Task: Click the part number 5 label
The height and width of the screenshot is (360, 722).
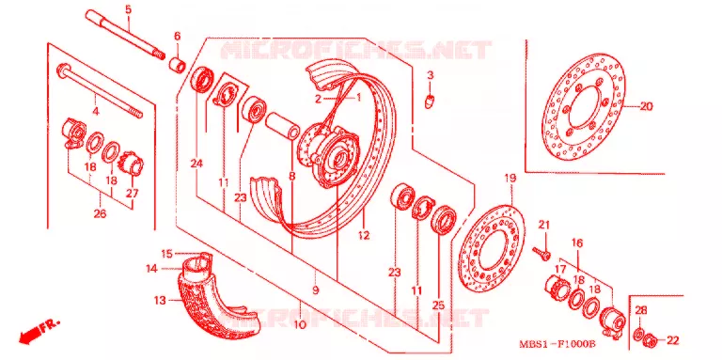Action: [128, 8]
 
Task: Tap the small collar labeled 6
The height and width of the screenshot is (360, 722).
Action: [179, 65]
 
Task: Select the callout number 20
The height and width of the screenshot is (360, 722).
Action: [646, 106]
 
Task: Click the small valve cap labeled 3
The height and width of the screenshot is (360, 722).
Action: [429, 101]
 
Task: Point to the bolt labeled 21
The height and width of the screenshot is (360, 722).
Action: [542, 253]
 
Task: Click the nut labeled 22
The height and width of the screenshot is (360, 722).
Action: [649, 341]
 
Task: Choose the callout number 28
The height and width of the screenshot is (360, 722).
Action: [641, 310]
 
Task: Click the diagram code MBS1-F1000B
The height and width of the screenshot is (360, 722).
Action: [557, 344]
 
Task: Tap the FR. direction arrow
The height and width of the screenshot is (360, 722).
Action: [39, 332]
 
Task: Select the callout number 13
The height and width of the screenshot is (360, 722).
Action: [159, 301]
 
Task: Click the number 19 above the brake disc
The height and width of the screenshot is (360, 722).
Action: [510, 178]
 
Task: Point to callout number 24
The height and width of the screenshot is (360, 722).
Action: [197, 164]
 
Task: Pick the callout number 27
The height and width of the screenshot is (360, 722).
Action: [133, 194]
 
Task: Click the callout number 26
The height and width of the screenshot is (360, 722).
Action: [100, 214]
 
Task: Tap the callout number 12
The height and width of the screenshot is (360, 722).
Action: [363, 235]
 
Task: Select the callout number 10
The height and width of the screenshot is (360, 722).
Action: [299, 325]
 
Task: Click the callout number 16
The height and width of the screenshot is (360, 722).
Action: [577, 243]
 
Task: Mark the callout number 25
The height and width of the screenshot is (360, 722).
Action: [438, 305]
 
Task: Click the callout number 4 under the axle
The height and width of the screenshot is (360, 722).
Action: [95, 111]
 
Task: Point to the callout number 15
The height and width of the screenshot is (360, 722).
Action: [166, 253]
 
